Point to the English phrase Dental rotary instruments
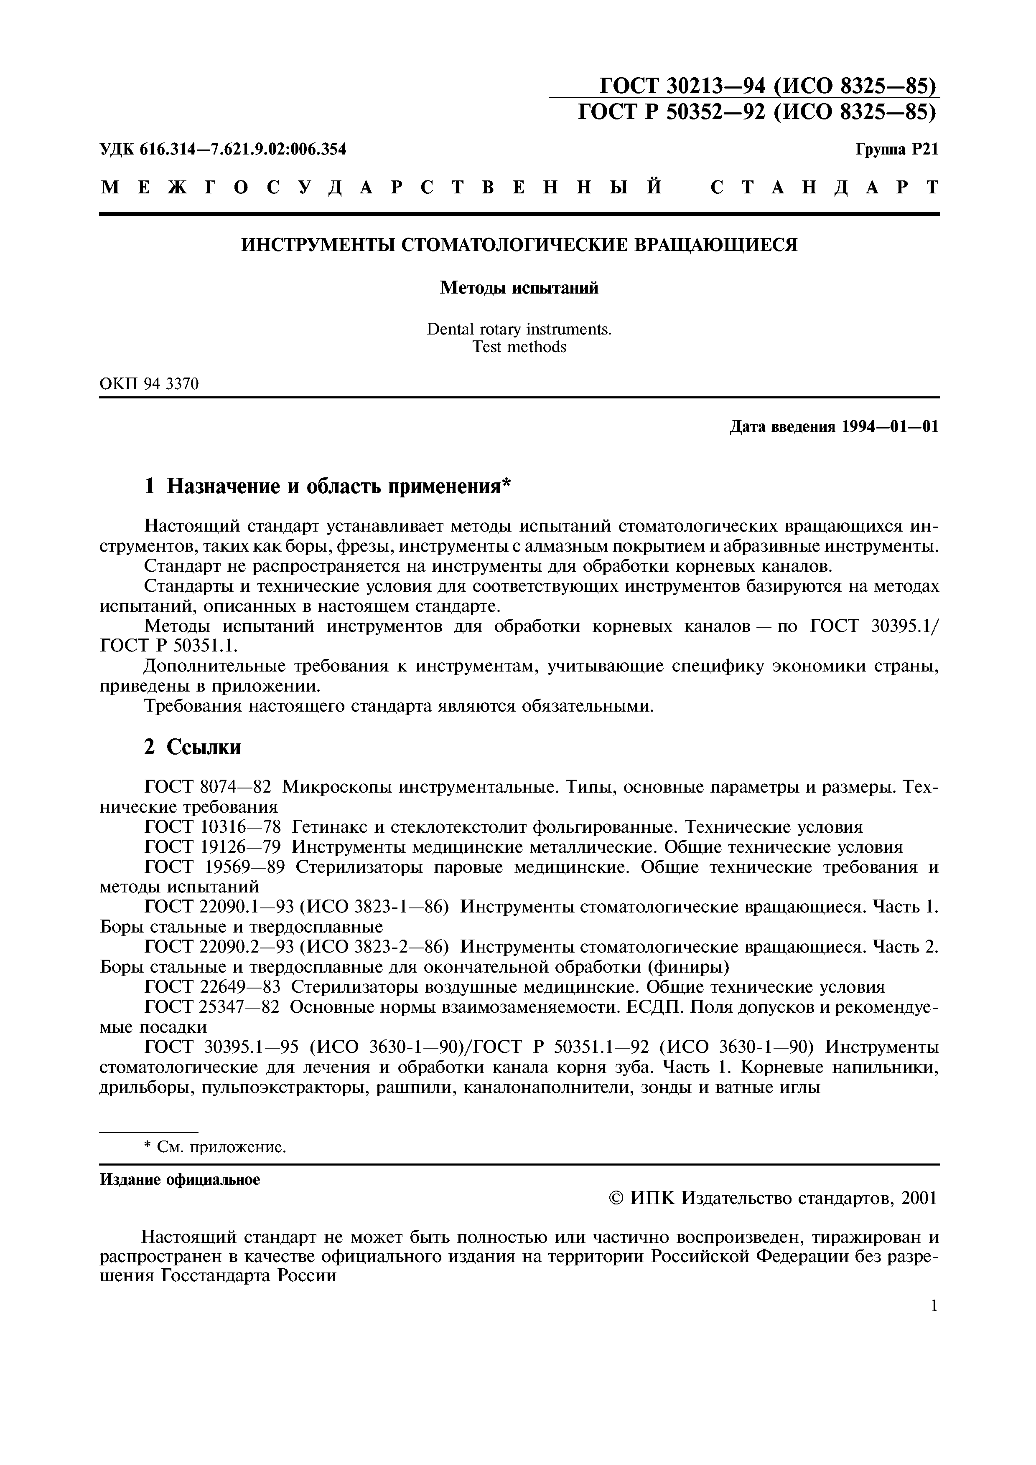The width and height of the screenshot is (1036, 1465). (519, 329)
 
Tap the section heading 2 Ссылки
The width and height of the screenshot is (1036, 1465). (192, 747)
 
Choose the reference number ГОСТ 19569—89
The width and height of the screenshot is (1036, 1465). (214, 868)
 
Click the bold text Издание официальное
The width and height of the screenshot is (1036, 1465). (180, 1180)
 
